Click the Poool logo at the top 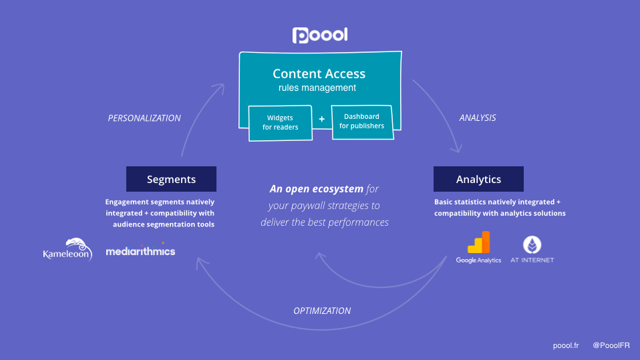pyautogui.click(x=320, y=35)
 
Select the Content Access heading pyautogui.click(x=319, y=73)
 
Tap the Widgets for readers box pyautogui.click(x=281, y=123)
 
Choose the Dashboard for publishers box pyautogui.click(x=362, y=122)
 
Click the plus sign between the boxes pyautogui.click(x=321, y=119)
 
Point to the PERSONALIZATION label pyautogui.click(x=144, y=118)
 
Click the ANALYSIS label pyautogui.click(x=478, y=118)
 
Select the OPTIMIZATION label pyautogui.click(x=322, y=311)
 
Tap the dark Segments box pyautogui.click(x=171, y=179)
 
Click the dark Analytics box pyautogui.click(x=478, y=179)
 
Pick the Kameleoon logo pyautogui.click(x=67, y=249)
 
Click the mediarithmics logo pyautogui.click(x=140, y=250)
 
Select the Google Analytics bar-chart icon pyautogui.click(x=479, y=242)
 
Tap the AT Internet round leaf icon pyautogui.click(x=532, y=245)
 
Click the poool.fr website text pyautogui.click(x=566, y=346)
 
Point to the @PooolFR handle pyautogui.click(x=611, y=345)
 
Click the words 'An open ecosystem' pyautogui.click(x=317, y=188)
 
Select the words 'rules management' pyautogui.click(x=317, y=87)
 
